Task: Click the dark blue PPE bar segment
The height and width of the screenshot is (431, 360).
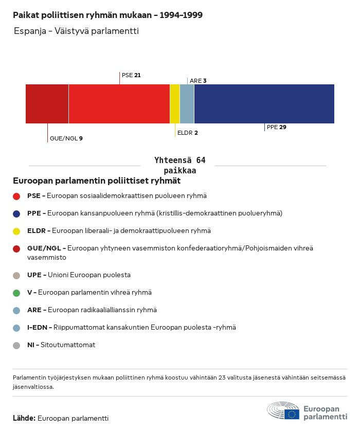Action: [264, 104]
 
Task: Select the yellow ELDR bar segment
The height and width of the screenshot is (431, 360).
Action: [175, 104]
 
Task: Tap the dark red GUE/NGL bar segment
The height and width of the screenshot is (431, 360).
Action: [47, 104]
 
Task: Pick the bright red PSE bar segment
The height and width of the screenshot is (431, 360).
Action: [119, 104]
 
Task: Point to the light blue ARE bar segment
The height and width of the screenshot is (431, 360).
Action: [187, 104]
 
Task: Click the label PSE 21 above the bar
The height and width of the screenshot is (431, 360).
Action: [131, 75]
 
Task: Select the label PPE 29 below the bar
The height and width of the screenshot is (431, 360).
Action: [276, 127]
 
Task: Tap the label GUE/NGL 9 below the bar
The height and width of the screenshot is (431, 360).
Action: [66, 138]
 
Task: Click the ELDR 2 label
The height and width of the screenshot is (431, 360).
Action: [187, 133]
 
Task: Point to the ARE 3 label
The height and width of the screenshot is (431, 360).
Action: [198, 81]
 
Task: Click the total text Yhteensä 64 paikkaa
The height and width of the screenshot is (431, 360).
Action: [180, 166]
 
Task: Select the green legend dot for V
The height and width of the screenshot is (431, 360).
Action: [16, 293]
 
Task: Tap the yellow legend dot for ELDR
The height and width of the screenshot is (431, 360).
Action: [16, 231]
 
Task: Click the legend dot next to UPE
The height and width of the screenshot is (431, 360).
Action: [16, 275]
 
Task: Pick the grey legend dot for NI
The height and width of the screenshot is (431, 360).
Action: [16, 345]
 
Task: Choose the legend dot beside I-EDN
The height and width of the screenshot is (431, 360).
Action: [16, 328]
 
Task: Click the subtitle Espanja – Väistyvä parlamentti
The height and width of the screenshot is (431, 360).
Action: [76, 31]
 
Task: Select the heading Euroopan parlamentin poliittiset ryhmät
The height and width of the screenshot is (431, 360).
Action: [97, 181]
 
